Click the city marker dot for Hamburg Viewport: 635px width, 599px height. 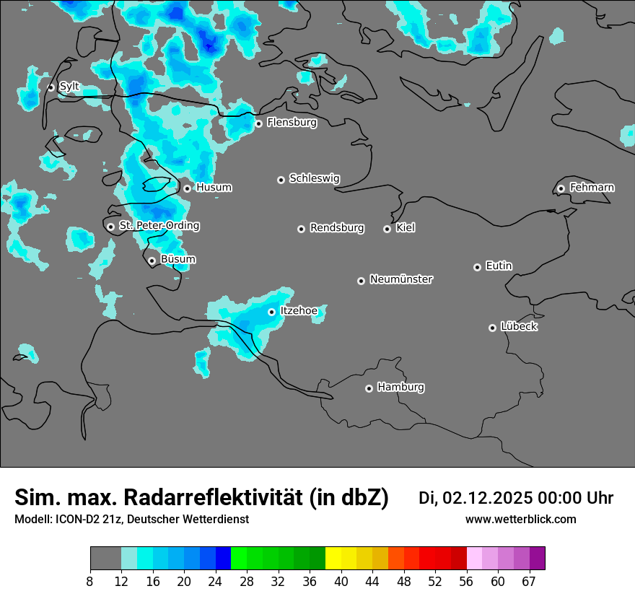(x=369, y=388)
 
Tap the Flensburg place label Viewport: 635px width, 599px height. (x=292, y=123)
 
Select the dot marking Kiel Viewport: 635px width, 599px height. (x=387, y=229)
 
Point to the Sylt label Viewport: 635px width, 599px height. (x=69, y=87)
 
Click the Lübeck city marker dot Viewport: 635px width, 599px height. (x=492, y=328)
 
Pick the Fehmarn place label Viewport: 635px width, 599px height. (x=592, y=188)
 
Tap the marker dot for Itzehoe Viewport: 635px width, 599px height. (x=271, y=312)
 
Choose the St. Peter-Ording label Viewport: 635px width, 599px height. (x=159, y=226)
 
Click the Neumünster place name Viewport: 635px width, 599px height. (x=401, y=279)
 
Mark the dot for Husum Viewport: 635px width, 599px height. (x=187, y=188)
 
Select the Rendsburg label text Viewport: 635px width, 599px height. (x=337, y=228)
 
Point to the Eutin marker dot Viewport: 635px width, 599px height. (x=477, y=267)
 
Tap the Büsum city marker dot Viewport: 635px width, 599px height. (x=152, y=261)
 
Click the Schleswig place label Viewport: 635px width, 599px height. (x=315, y=178)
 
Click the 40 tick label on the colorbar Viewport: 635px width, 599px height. (x=341, y=582)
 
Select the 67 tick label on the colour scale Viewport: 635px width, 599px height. (x=529, y=582)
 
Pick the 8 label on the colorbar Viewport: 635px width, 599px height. (x=90, y=582)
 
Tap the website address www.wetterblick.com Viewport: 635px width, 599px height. (x=521, y=520)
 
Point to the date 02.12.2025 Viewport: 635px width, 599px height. (x=487, y=498)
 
